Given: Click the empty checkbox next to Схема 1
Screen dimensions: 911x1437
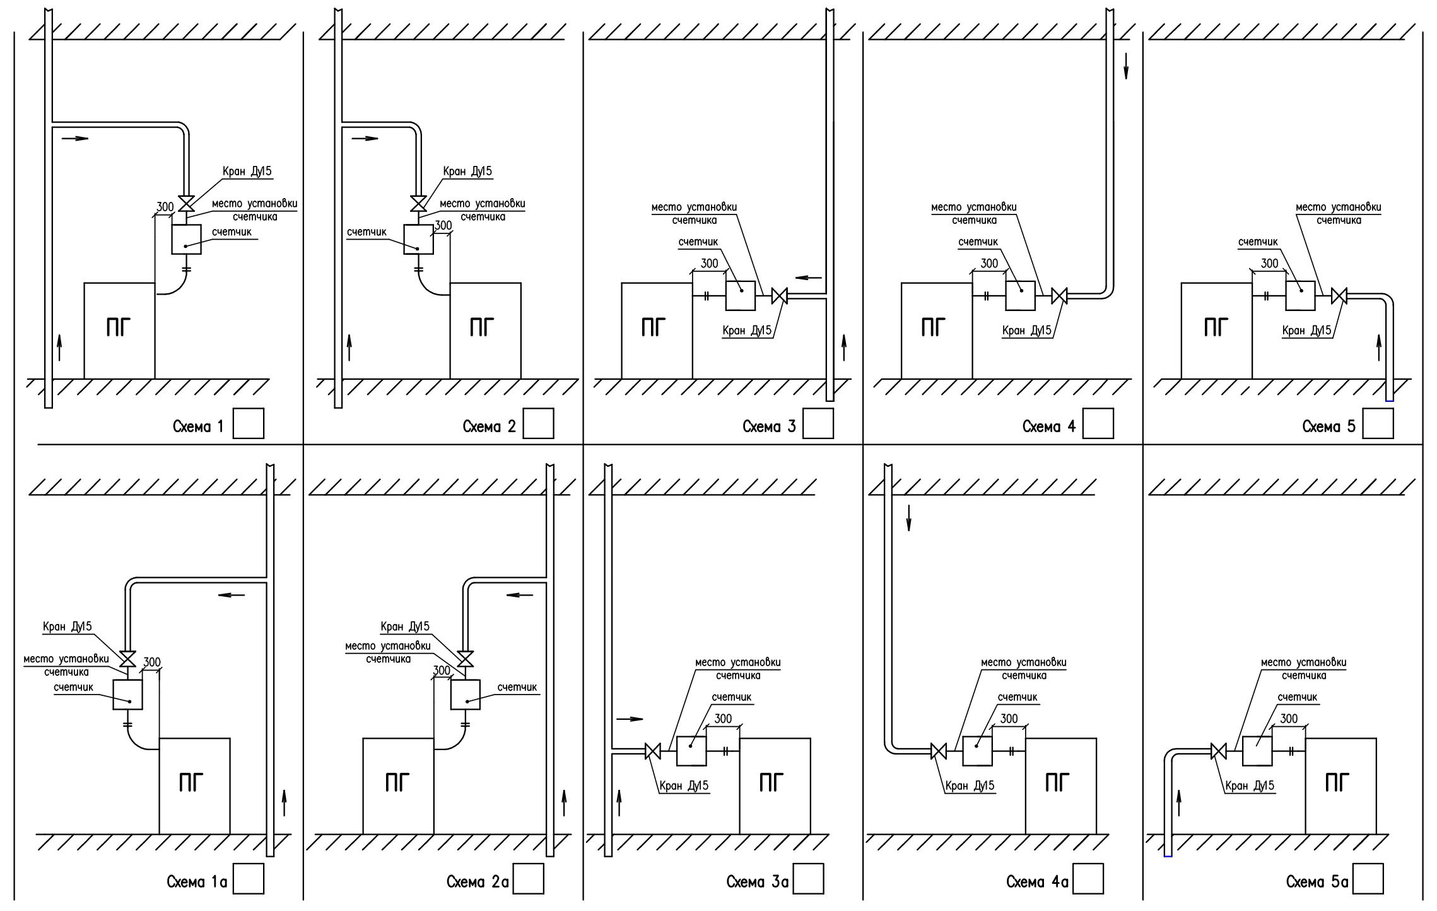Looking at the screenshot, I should point(249,423).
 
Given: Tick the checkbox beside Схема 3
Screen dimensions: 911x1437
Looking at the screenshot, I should point(818,423).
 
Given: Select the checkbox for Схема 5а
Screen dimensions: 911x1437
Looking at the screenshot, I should point(1368,879).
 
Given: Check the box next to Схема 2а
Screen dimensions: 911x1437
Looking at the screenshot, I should point(529,879).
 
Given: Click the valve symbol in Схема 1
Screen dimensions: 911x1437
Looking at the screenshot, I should point(187,204).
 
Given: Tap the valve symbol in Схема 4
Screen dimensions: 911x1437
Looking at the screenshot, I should point(1060,295).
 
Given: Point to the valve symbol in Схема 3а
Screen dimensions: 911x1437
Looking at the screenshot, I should point(653,751).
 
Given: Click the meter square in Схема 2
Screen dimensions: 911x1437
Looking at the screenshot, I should point(419,240).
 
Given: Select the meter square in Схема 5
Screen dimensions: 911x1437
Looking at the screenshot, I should point(1301,295).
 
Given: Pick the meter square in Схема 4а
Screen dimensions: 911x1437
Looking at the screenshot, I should point(977,751).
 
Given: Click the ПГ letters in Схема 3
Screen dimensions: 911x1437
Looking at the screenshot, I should point(654,328).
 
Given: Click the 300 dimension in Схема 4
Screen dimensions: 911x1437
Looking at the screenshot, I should point(989,263).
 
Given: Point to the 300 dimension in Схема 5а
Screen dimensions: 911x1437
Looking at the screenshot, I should point(1289,719).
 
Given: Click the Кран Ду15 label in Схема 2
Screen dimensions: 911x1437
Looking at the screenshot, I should point(467,171).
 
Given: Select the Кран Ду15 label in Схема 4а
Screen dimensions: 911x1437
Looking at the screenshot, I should point(970,785).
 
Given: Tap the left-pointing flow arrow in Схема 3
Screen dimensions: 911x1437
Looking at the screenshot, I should point(809,277).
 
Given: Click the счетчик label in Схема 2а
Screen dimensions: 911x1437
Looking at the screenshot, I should point(517,687).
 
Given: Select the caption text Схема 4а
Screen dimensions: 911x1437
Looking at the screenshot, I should point(1037,882).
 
